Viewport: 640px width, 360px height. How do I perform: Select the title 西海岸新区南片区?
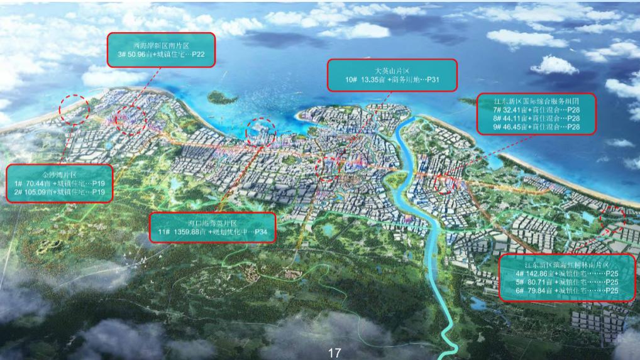(x=161, y=45)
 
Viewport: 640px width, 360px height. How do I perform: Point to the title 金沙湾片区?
(x=59, y=173)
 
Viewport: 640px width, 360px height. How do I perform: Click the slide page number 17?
(x=334, y=354)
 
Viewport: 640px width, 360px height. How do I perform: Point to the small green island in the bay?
(x=219, y=98)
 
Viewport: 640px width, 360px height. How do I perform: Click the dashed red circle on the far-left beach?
(x=74, y=109)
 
